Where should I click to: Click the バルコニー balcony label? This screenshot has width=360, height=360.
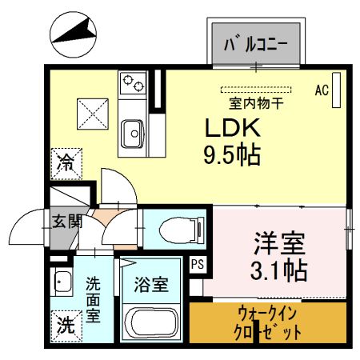(256, 44)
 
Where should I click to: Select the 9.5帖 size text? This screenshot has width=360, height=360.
(231, 154)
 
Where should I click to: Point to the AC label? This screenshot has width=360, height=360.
(322, 90)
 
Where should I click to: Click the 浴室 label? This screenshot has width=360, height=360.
(150, 282)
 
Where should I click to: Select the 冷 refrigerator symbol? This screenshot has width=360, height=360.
(66, 164)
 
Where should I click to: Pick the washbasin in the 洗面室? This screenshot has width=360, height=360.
(60, 282)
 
